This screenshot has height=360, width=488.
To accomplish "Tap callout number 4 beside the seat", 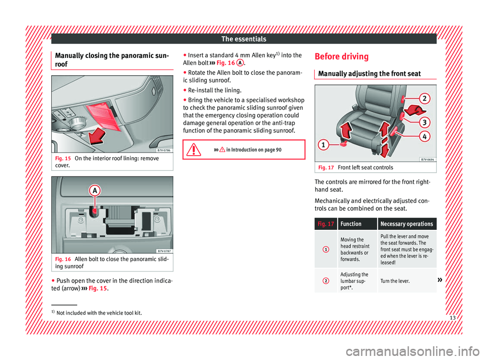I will [x=423, y=137].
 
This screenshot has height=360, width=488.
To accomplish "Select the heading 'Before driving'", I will [x=342, y=56].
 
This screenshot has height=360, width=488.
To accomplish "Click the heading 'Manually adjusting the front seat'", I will [x=368, y=74].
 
